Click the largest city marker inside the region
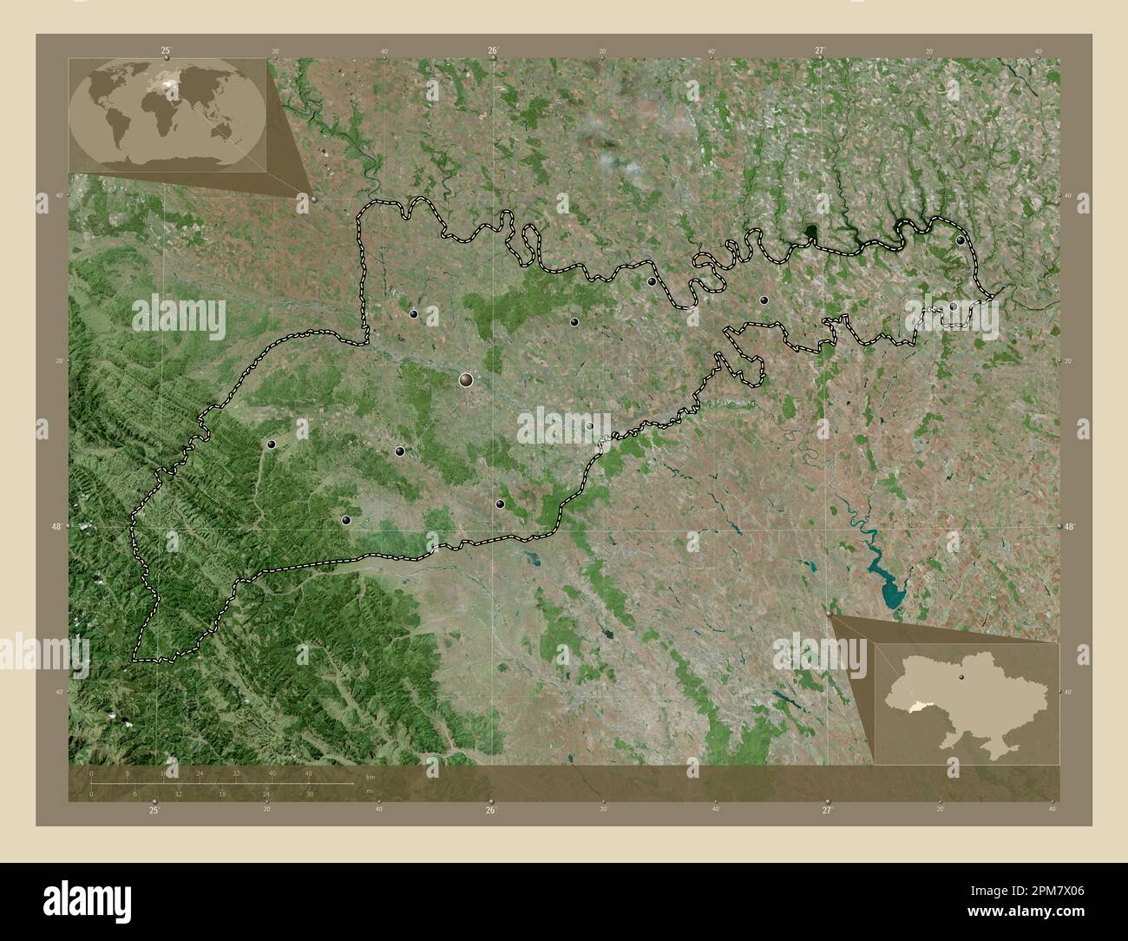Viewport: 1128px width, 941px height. (x=467, y=379)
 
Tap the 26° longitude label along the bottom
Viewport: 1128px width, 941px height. (x=490, y=811)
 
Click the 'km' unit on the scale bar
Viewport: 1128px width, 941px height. (x=371, y=776)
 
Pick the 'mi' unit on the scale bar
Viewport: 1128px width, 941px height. (x=369, y=792)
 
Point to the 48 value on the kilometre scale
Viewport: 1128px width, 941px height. (x=309, y=773)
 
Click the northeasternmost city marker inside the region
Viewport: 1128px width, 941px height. (x=961, y=240)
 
